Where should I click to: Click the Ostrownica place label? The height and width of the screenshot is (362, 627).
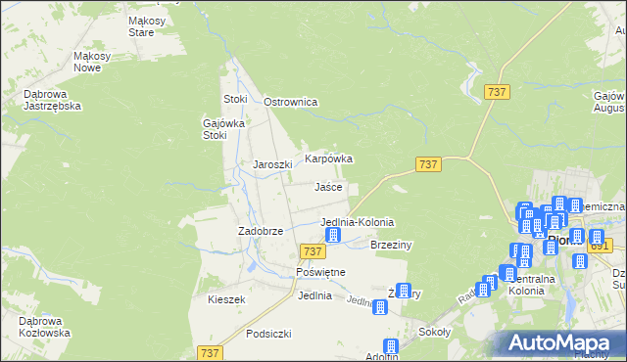(x=292, y=102)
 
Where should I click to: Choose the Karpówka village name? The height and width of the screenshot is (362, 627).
(x=328, y=158)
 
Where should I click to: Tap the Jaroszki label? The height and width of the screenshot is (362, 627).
(x=272, y=164)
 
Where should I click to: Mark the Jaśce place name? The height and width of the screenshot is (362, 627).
(x=328, y=186)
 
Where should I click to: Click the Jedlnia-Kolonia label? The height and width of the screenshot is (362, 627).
(x=358, y=222)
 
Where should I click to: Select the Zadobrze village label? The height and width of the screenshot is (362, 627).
(x=261, y=231)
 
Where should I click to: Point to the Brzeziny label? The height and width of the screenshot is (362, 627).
(x=390, y=245)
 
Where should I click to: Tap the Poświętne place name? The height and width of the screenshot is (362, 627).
(x=316, y=271)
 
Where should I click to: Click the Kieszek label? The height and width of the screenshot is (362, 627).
(x=225, y=299)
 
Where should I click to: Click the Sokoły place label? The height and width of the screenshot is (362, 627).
(x=433, y=332)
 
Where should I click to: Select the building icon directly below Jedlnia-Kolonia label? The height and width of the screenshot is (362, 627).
(x=332, y=236)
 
